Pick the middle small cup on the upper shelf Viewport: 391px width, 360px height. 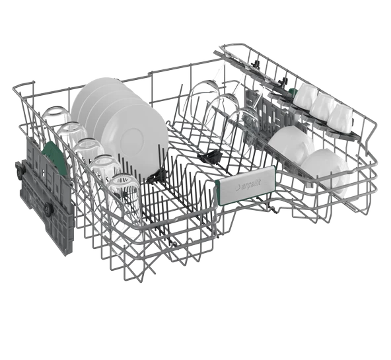point(323,106)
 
